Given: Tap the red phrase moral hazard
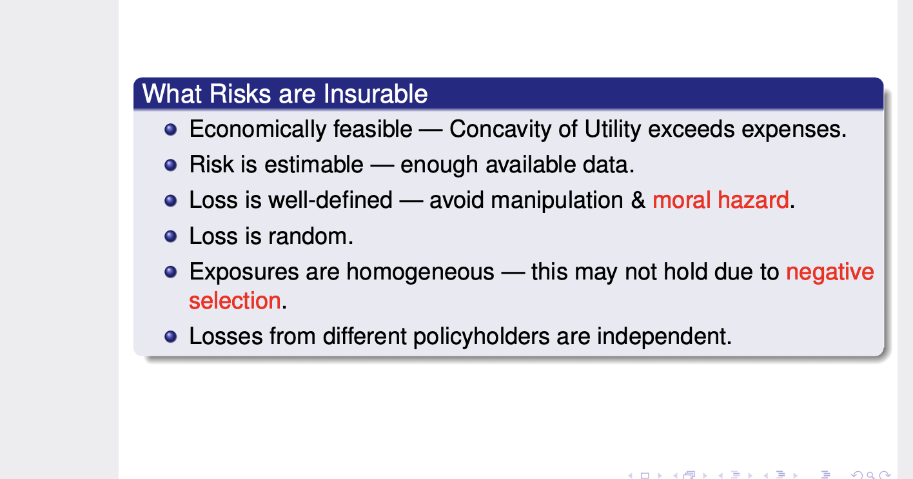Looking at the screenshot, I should click(720, 200).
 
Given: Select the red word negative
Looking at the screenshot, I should click(830, 272).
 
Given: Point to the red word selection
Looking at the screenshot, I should click(235, 301).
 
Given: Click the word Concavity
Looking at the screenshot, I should click(500, 129).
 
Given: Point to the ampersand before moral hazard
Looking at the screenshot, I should click(638, 200).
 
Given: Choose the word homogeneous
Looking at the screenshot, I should click(420, 272).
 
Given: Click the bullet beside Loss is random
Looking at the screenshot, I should click(170, 236).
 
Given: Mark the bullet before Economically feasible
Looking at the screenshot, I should click(170, 129).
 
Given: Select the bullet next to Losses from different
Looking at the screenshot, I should click(170, 336).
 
